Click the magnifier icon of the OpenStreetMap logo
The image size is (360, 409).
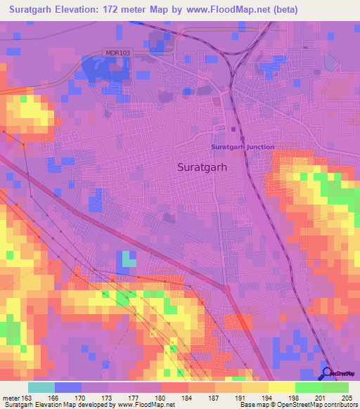pyautogui.click(x=328, y=374)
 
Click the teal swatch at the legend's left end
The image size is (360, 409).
pyautogui.click(x=41, y=387)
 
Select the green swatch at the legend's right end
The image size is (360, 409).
pyautogui.click(x=335, y=387)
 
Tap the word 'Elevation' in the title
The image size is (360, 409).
pyautogui.click(x=80, y=9)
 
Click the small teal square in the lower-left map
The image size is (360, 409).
pyautogui.click(x=127, y=259)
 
